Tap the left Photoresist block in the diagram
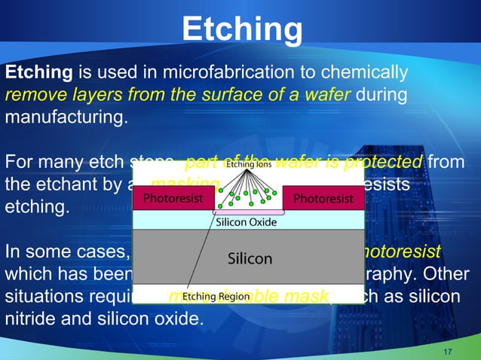(x=167, y=199)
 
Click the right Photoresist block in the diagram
(x=323, y=199)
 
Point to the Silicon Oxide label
(x=249, y=222)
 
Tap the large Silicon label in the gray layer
(x=250, y=258)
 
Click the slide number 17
(x=448, y=352)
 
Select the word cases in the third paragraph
(x=102, y=252)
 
